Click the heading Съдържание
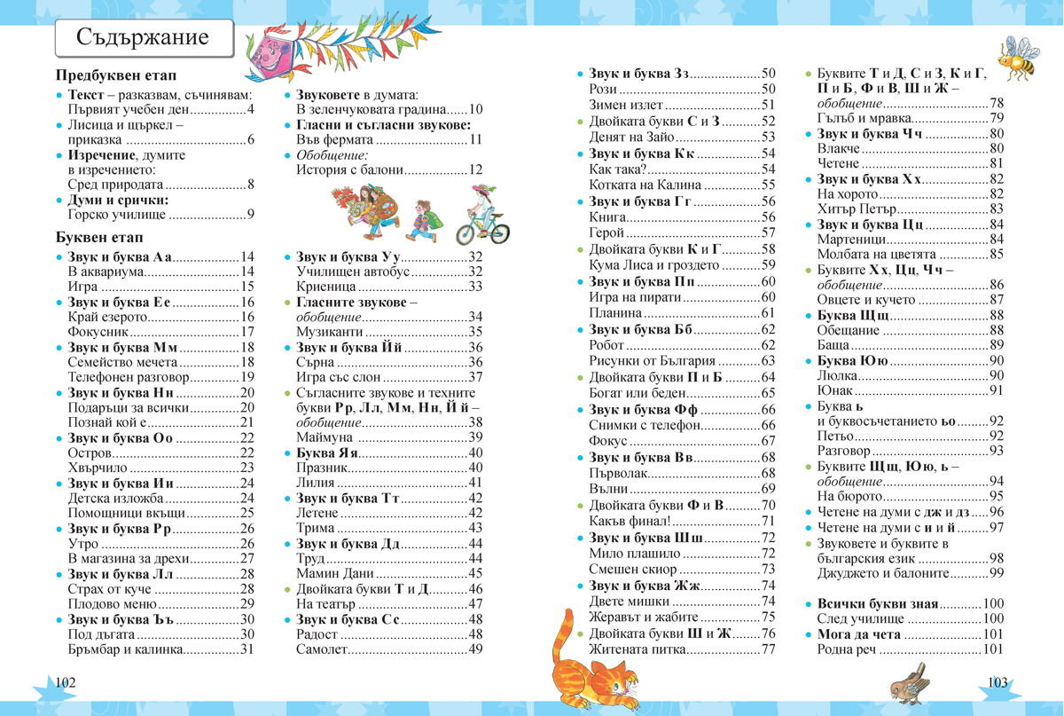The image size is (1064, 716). pyautogui.click(x=143, y=38)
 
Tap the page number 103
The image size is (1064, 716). pyautogui.click(x=997, y=682)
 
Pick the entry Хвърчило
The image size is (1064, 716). pyautogui.click(x=98, y=468)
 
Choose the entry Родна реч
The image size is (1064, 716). pyautogui.click(x=846, y=650)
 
